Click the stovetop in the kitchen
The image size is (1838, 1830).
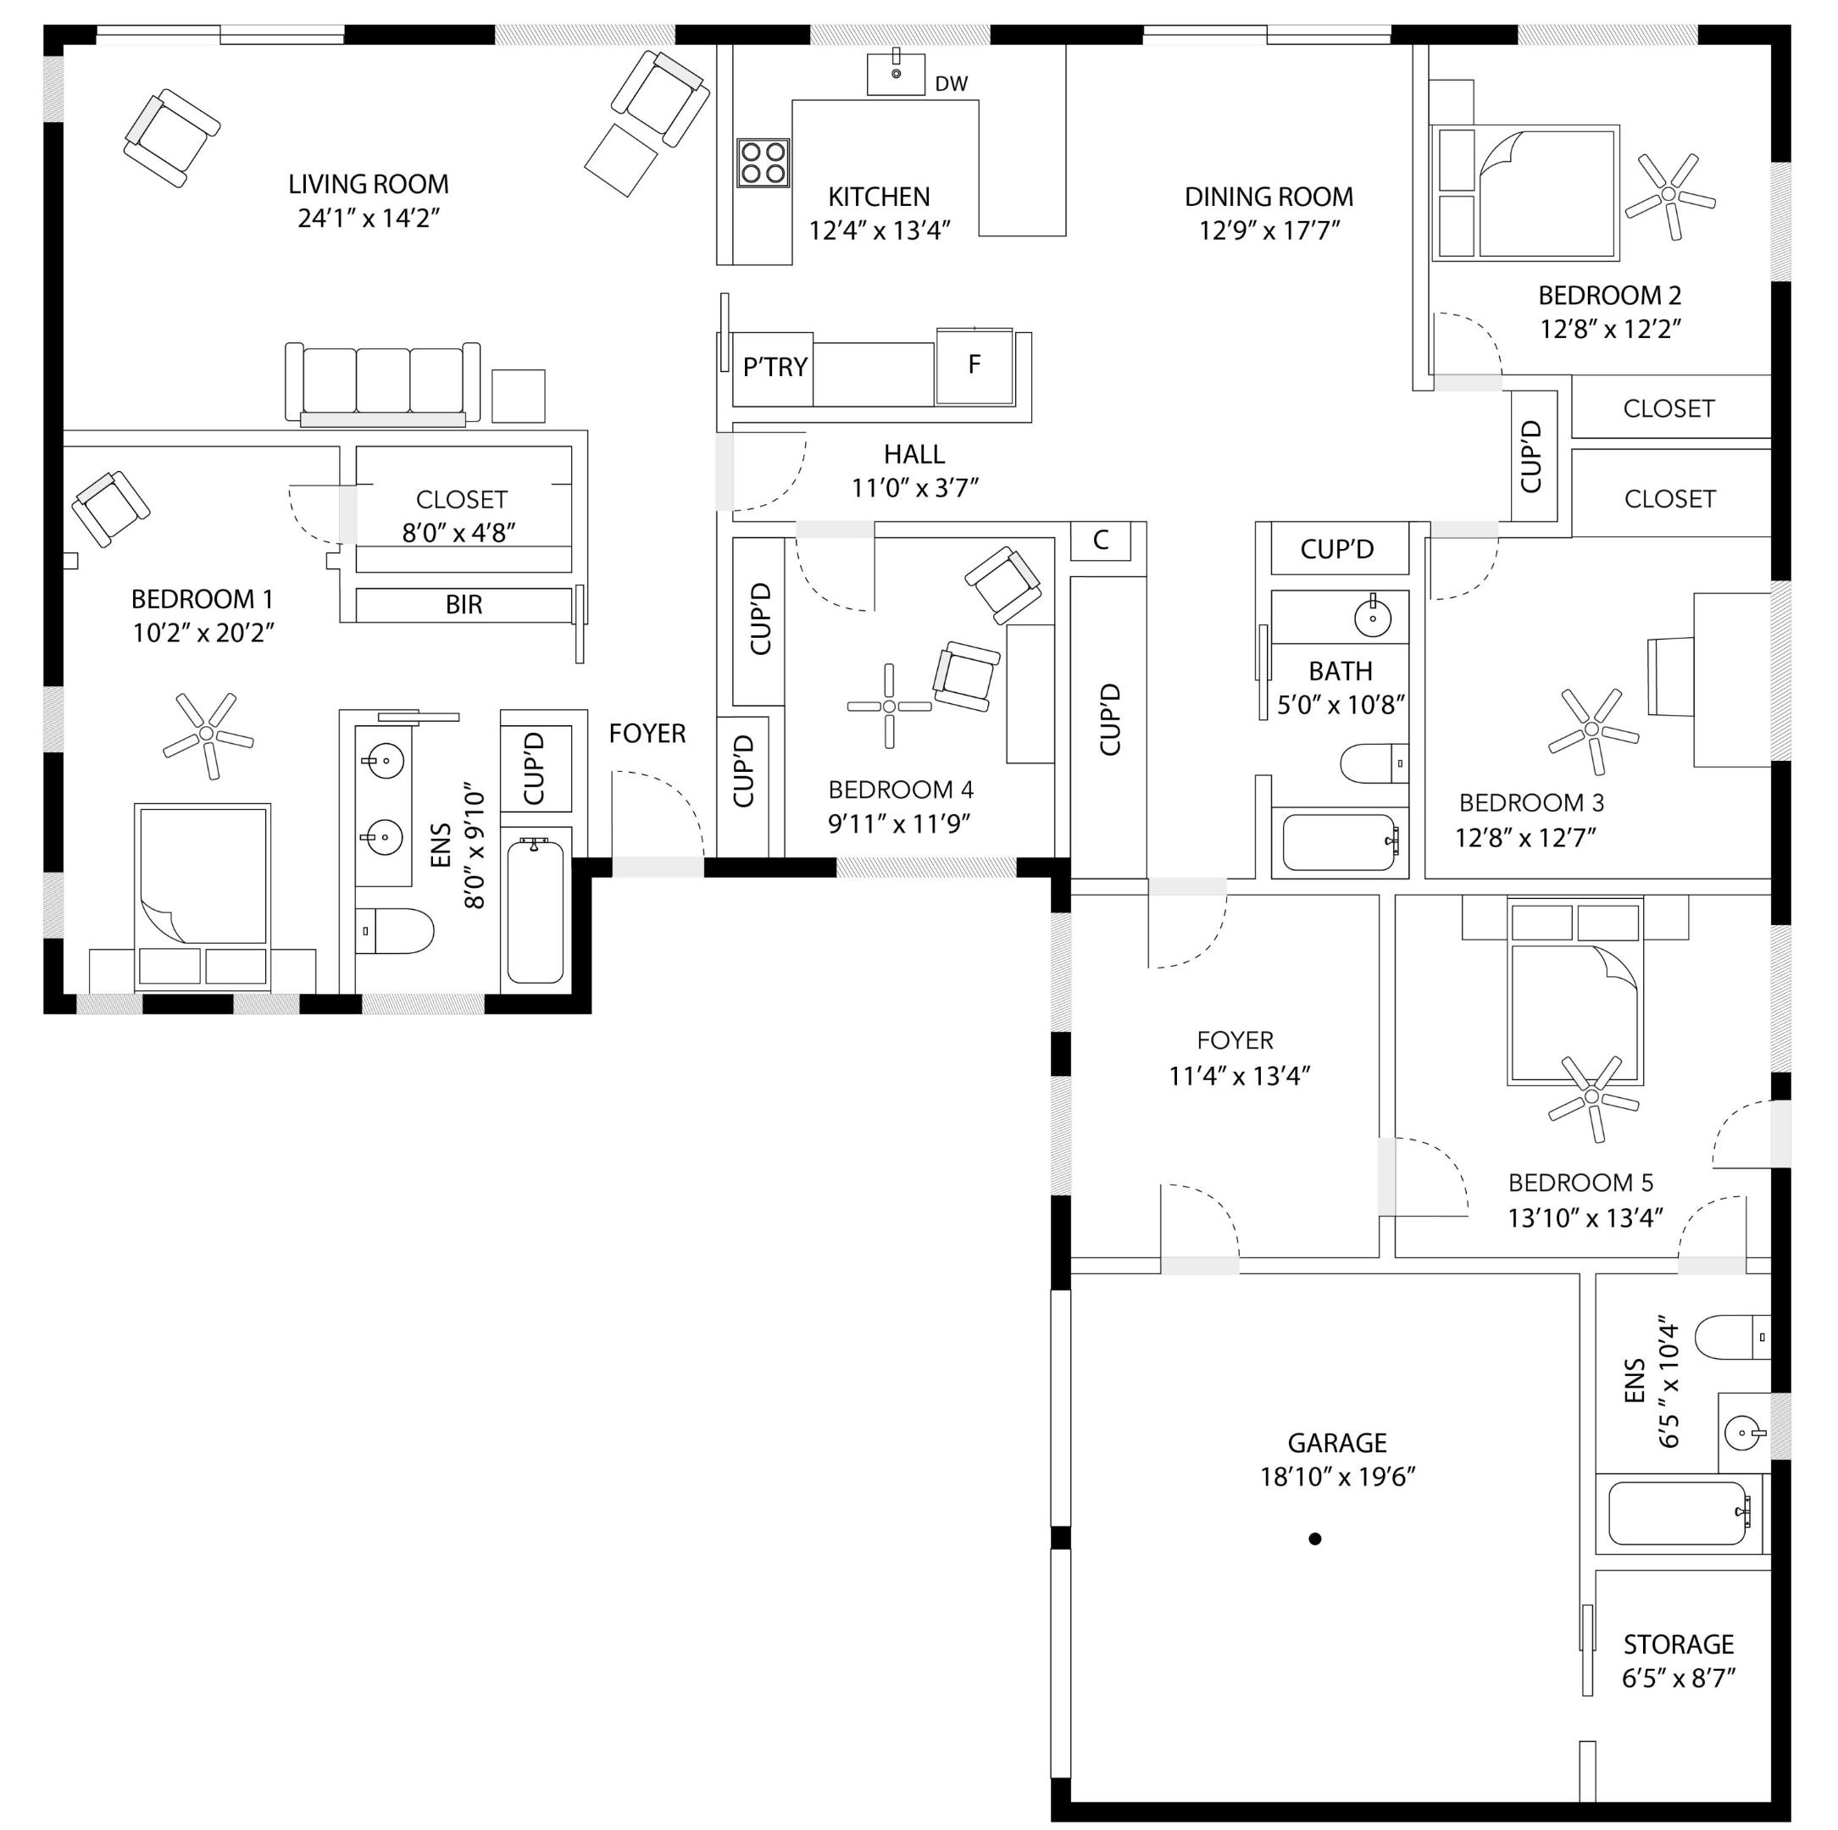point(763,163)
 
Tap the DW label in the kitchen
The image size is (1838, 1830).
point(952,84)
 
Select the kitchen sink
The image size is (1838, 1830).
point(895,73)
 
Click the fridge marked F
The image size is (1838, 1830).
point(975,365)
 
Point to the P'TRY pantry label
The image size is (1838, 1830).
point(775,367)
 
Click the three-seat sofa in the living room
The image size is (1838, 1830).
point(382,383)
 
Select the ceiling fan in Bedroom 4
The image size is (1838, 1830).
point(890,706)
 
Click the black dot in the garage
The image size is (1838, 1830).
point(1315,1538)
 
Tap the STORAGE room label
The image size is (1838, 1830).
point(1680,1644)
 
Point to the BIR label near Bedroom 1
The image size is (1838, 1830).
point(464,605)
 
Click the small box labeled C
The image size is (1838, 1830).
point(1101,541)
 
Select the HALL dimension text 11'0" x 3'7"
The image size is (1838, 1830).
point(915,488)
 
